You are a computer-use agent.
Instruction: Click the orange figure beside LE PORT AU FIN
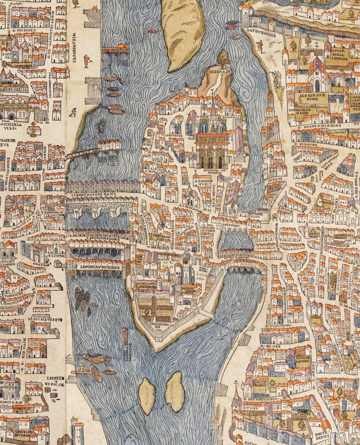[87, 61]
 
